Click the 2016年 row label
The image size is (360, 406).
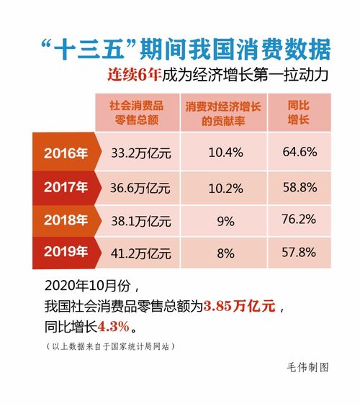(66, 153)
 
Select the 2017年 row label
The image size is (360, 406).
(66, 187)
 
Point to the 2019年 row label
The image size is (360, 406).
(66, 252)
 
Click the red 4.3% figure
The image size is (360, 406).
(112, 326)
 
